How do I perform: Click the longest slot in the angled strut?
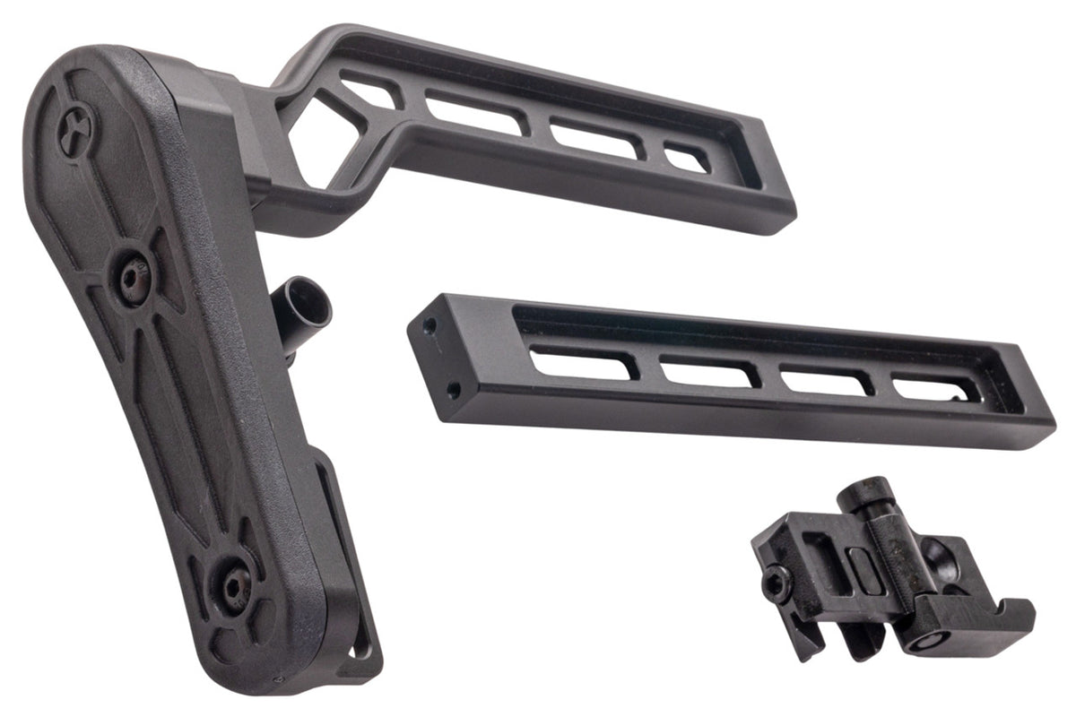[474, 115]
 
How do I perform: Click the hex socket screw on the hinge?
[775, 584]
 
